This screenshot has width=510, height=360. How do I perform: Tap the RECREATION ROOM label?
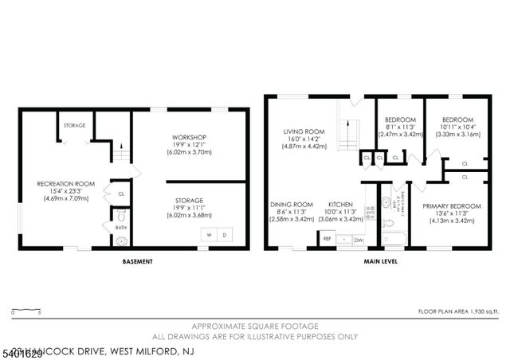[65, 184]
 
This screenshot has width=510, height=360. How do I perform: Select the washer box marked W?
[209, 234]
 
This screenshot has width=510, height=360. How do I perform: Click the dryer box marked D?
[224, 234]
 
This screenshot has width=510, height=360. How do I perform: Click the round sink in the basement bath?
[121, 238]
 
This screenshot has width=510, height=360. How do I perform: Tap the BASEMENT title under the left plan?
[137, 260]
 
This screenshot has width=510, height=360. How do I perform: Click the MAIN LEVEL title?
[381, 260]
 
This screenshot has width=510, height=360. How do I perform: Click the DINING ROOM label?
[291, 205]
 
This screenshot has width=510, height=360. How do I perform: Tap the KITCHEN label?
[340, 205]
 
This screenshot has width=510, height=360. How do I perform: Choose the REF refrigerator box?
[327, 238]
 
